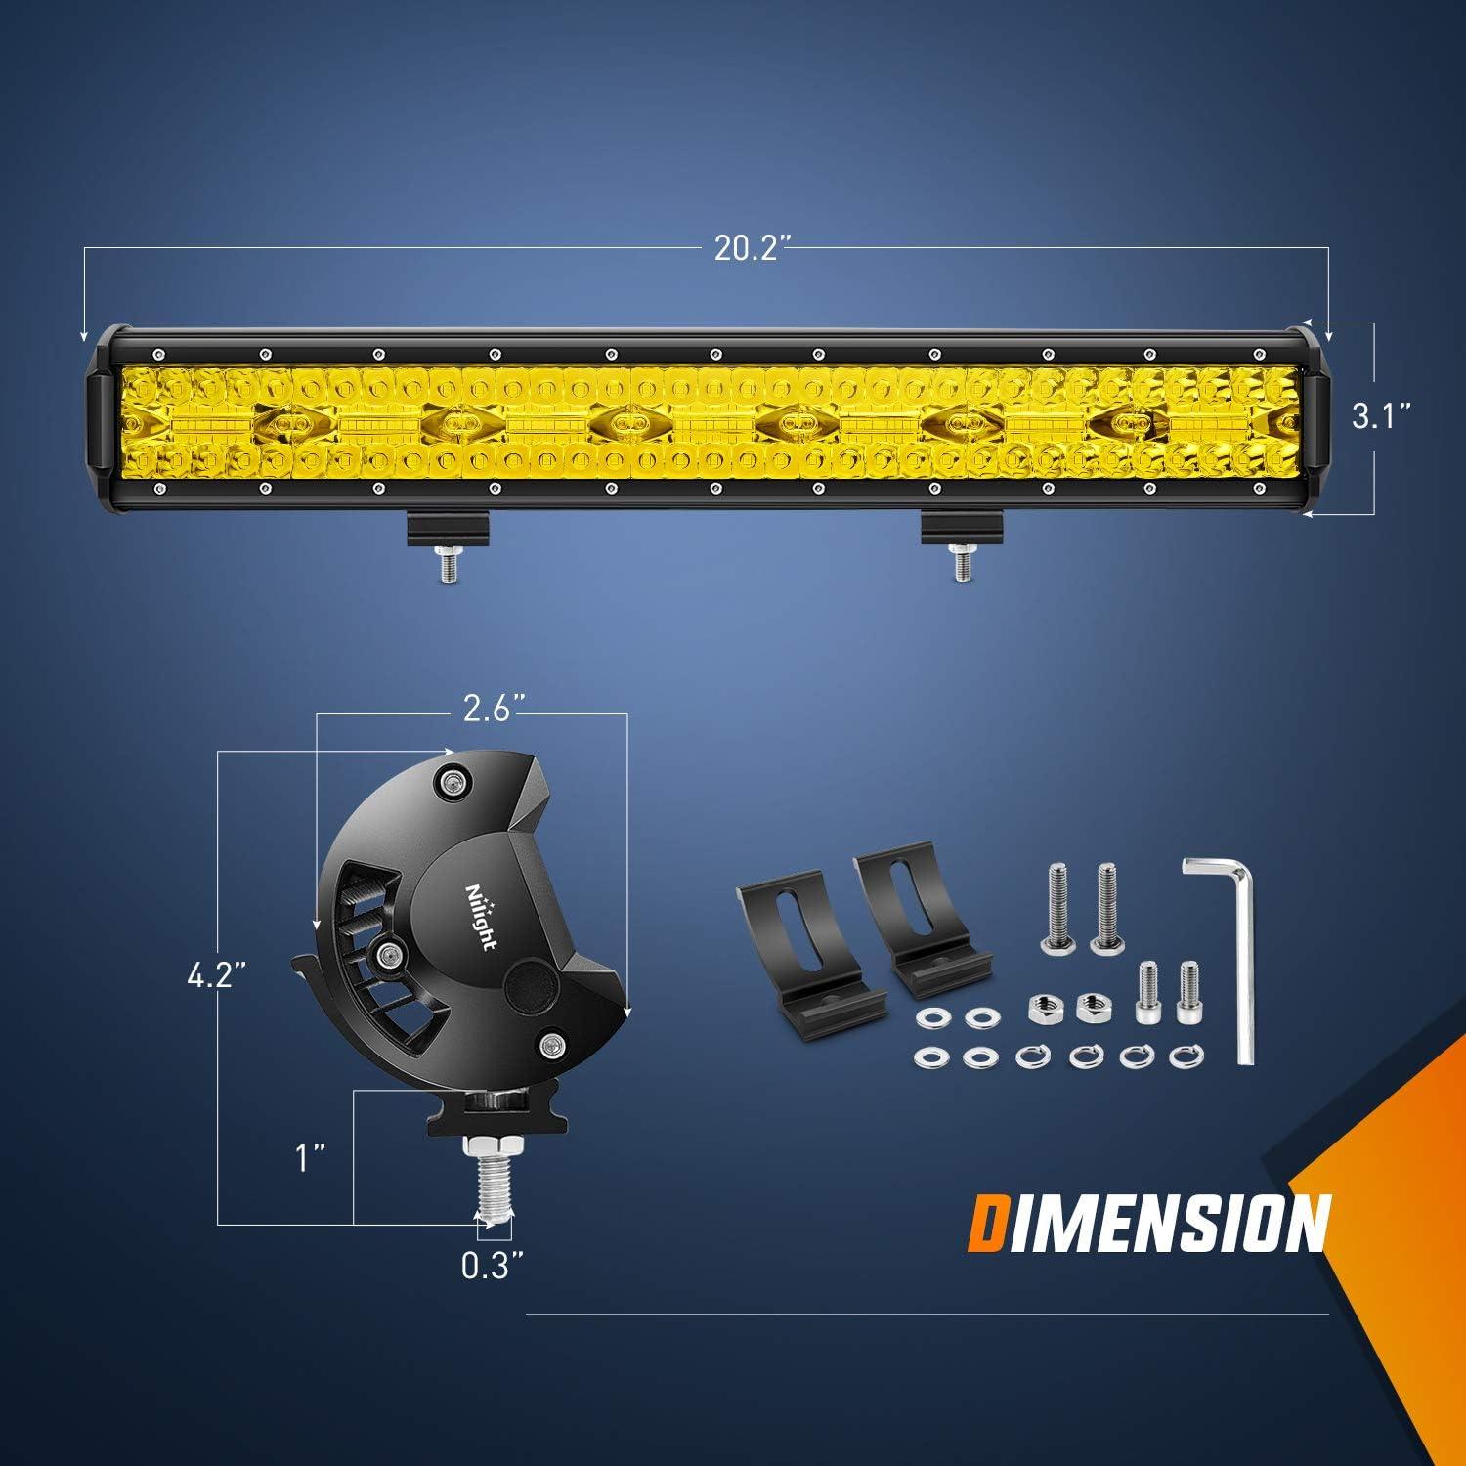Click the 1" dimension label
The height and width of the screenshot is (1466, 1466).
coord(312,1159)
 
